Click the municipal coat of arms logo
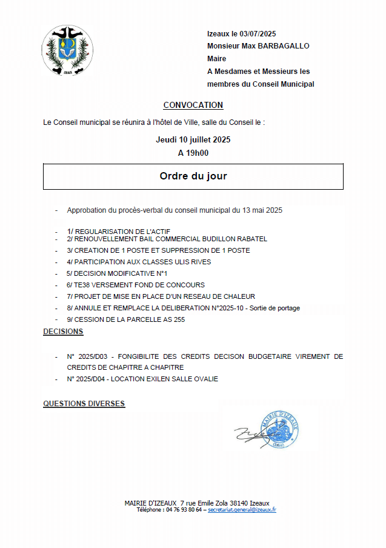click(67, 51)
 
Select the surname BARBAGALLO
click(285, 46)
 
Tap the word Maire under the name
click(216, 59)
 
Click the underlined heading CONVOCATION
click(193, 105)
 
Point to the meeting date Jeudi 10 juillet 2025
click(193, 139)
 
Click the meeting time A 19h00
click(193, 153)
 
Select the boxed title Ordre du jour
click(193, 176)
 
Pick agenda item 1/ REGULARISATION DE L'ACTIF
click(119, 232)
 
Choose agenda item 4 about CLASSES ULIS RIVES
click(139, 262)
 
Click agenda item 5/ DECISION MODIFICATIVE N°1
click(117, 273)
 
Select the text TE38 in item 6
click(81, 285)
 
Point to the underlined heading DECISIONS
click(63, 332)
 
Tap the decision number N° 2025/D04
click(88, 379)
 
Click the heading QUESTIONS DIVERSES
click(84, 403)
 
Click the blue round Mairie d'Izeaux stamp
click(279, 429)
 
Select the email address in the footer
click(242, 510)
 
